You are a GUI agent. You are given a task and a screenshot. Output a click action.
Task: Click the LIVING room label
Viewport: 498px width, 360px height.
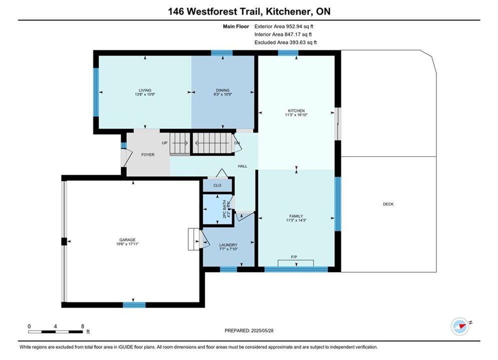point(145,90)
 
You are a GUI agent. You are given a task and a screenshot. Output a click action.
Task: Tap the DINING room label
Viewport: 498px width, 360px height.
point(223,90)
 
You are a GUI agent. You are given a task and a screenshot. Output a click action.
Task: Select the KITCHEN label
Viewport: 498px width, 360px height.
point(296,110)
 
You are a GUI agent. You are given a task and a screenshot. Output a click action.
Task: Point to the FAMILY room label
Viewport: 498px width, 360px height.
point(296,216)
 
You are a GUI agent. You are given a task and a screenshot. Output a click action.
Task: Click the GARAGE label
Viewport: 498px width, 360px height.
point(127,240)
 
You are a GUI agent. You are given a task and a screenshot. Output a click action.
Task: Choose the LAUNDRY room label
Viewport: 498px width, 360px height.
point(228,245)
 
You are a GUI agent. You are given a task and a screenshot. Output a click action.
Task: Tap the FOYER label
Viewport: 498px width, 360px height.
point(148,155)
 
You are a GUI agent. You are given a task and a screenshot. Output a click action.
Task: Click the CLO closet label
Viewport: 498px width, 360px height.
point(217,185)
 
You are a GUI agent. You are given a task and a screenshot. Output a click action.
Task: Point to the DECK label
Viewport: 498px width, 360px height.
point(388,204)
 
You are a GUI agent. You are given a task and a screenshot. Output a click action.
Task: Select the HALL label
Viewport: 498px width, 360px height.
point(242,166)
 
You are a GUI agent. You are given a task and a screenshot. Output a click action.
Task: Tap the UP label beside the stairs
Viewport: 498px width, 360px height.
point(165,143)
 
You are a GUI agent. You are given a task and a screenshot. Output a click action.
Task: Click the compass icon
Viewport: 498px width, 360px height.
point(460,326)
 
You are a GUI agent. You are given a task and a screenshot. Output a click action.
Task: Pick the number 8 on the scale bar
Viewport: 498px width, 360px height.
point(83,326)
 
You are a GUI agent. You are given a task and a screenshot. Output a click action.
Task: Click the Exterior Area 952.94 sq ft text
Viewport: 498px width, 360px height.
point(284,26)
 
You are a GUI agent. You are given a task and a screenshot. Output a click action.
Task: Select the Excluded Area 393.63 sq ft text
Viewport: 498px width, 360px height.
point(285,42)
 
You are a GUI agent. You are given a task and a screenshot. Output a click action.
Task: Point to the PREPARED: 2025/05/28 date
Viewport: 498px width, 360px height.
point(249,330)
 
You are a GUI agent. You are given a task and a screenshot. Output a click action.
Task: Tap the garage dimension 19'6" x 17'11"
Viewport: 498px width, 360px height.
point(127,244)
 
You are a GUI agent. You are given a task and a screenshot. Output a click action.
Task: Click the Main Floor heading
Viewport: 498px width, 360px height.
point(236,26)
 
